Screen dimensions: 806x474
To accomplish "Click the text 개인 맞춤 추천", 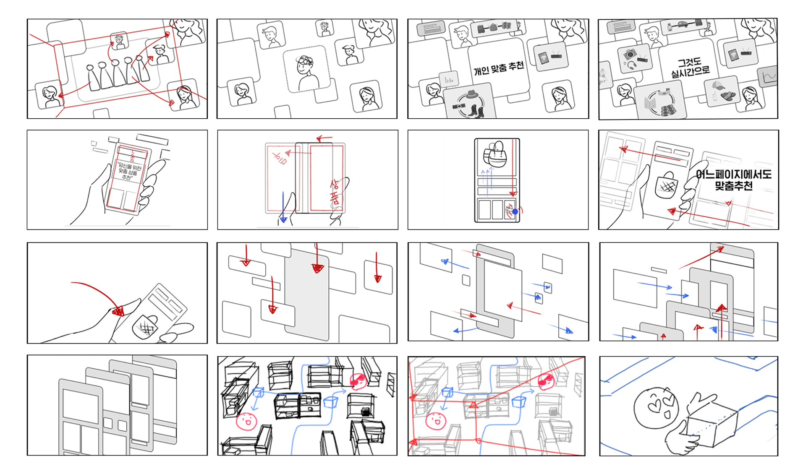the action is pos(499,68).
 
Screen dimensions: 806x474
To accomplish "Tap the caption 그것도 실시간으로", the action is pos(690,68).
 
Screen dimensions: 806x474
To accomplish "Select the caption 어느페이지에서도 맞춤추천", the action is pos(733,180).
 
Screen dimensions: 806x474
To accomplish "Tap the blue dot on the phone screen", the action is pos(515,212).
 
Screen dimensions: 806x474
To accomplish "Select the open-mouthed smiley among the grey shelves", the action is pos(436,421).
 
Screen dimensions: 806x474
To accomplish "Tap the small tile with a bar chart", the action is pos(448,79).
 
